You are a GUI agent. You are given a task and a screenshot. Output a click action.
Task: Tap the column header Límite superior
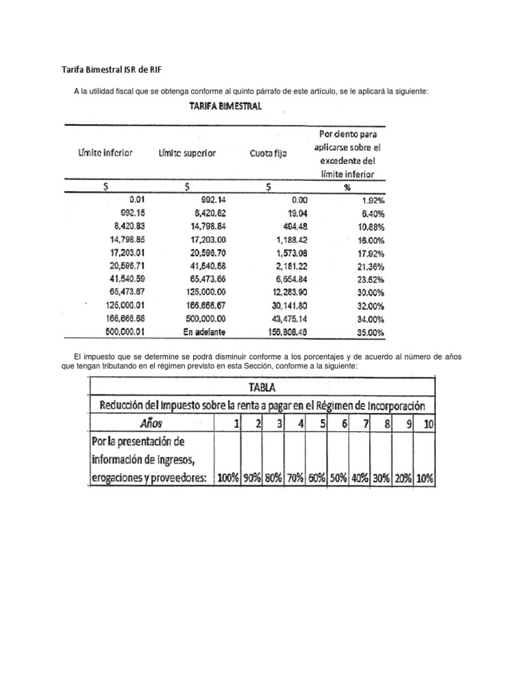tap(187, 154)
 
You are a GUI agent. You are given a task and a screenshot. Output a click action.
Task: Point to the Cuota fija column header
tap(268, 154)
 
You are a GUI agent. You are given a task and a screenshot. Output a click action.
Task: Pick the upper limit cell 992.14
tap(212, 200)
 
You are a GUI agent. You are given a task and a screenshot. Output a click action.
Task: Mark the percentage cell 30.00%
tap(371, 291)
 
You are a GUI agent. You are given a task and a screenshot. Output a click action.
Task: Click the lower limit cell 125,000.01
tap(126, 305)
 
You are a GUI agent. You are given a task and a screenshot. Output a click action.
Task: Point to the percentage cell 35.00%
tap(371, 332)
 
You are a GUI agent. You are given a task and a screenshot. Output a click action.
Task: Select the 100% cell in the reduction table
tap(227, 478)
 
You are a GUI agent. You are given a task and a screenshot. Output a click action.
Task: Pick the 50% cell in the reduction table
tap(338, 478)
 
